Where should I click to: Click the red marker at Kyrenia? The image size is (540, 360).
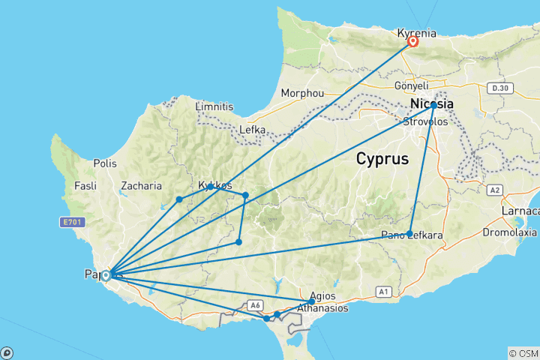pos(412,42)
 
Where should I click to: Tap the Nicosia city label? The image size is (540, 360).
pos(432,104)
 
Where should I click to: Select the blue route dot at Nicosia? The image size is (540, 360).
pos(433,106)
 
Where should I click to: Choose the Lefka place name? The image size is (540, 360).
pos(252,130)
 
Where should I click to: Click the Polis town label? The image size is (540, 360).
pos(106,163)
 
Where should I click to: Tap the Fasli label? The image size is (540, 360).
pos(85,186)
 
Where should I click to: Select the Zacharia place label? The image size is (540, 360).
pos(141,186)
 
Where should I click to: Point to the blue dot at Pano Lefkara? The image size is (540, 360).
pos(409,233)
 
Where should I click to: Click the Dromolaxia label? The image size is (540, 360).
pos(509,232)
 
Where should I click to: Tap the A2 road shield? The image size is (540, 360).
pos(495,190)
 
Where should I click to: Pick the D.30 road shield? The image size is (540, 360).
pos(499,89)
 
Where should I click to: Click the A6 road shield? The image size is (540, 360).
pos(255,305)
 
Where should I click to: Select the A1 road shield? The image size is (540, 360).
pos(384,291)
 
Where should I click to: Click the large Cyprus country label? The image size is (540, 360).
pos(382,159)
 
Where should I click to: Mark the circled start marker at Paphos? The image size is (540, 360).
pos(106,275)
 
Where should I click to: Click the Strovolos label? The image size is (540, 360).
pos(426,121)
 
